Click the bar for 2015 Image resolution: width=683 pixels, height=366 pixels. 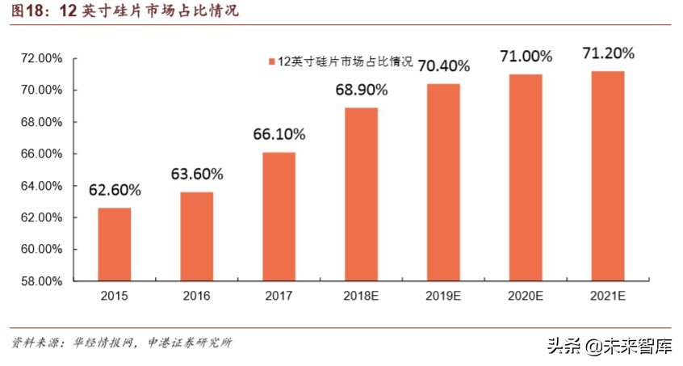[115, 244]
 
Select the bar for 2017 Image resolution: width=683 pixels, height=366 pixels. [279, 217]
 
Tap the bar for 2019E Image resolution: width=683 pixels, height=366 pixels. [442, 182]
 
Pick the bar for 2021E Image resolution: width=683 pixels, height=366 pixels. [607, 176]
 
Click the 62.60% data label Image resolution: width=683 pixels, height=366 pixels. [115, 191]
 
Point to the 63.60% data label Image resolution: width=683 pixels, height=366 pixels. [196, 174]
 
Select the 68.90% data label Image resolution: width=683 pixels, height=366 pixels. [361, 90]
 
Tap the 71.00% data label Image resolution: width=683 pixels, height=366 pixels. [526, 57]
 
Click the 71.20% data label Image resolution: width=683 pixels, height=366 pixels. [607, 53]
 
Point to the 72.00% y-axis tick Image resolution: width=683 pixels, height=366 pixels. [40, 58]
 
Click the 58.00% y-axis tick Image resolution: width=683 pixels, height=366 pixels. [40, 282]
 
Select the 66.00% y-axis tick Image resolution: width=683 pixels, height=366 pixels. [40, 154]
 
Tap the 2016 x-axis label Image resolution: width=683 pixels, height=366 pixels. [196, 297]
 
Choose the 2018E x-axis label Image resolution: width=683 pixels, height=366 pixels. [361, 297]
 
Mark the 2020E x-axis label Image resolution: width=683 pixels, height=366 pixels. [526, 297]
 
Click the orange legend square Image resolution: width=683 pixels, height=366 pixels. [271, 62]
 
